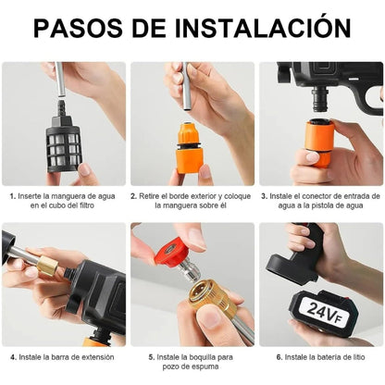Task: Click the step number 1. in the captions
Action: (x=13, y=196)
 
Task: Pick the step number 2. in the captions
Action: (x=134, y=196)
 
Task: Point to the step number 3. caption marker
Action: (x=264, y=196)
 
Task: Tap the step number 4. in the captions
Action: (x=13, y=356)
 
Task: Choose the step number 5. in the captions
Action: (x=151, y=356)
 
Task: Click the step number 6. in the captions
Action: (x=279, y=356)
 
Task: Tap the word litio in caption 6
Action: (x=359, y=356)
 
